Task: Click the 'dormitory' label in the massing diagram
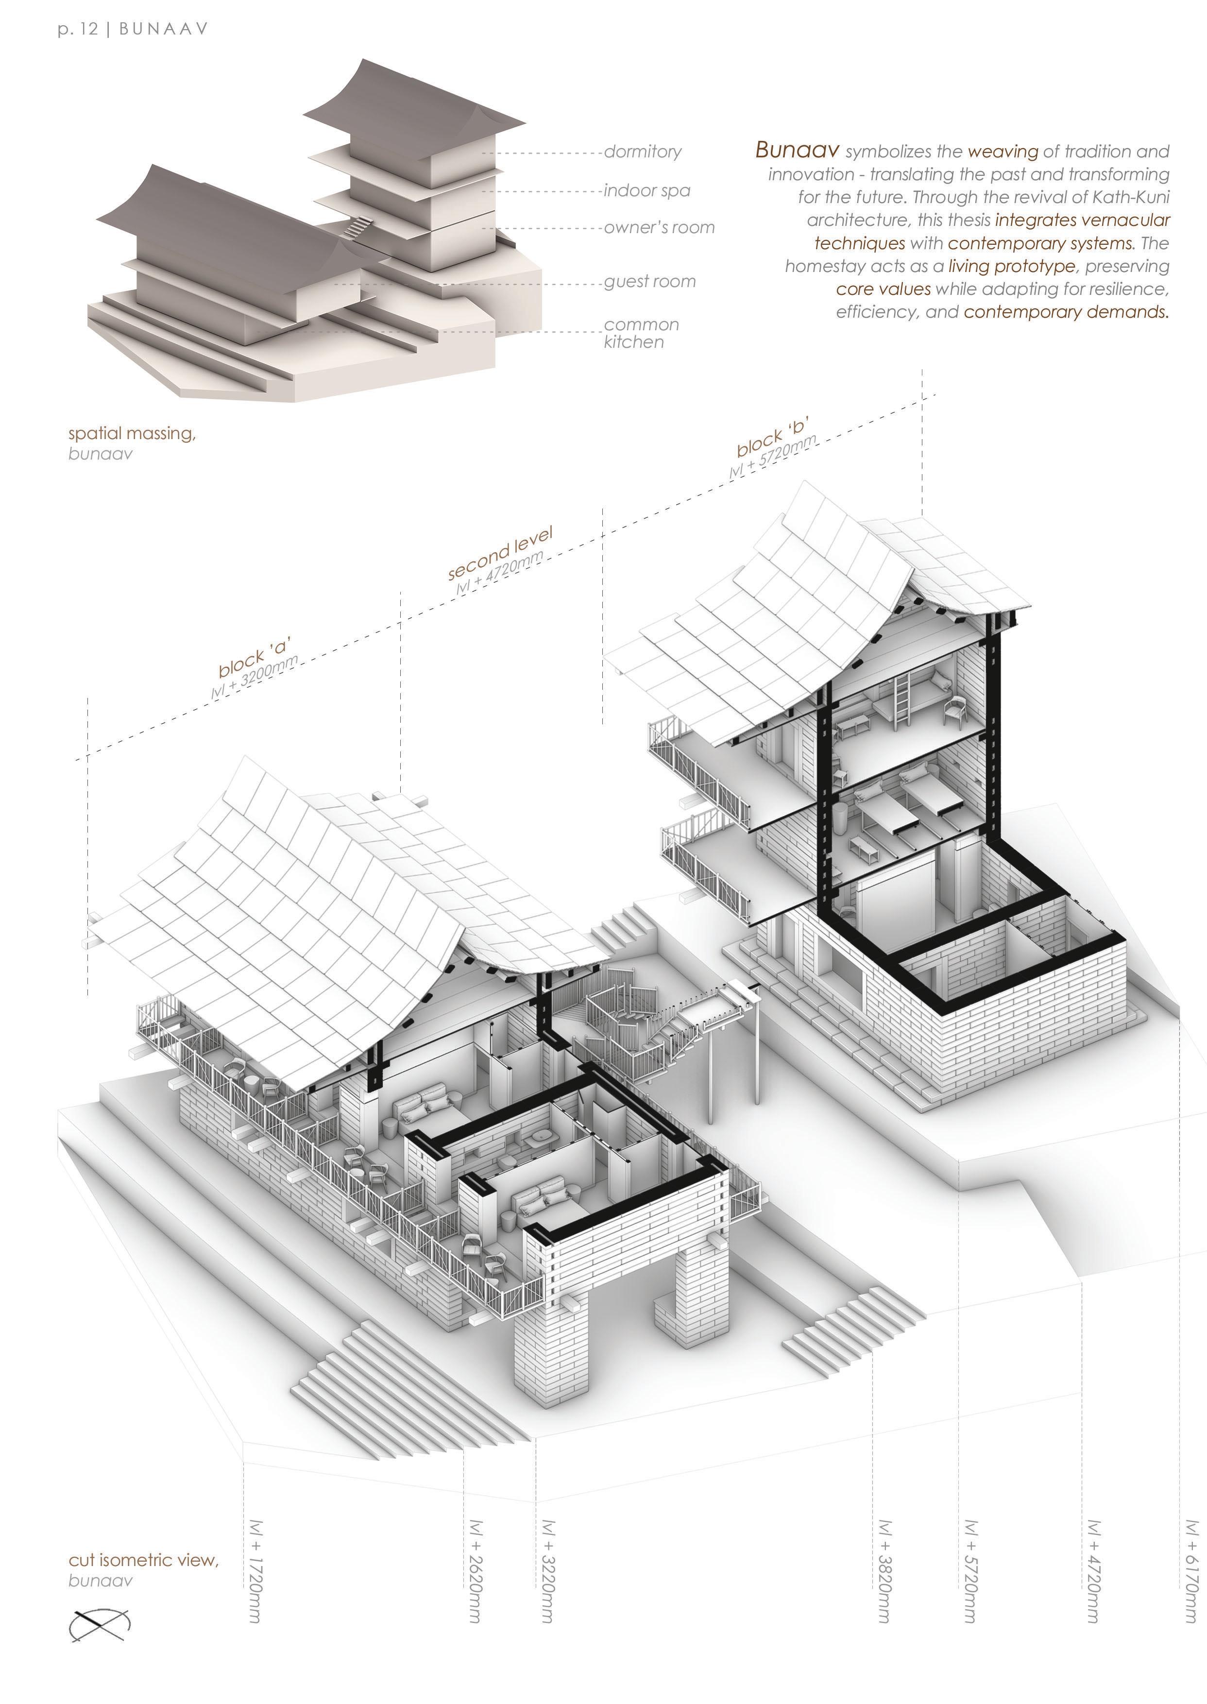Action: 642,152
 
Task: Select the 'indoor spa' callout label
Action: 646,190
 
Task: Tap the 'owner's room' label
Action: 659,227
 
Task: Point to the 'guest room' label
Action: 649,282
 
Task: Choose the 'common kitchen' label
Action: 641,333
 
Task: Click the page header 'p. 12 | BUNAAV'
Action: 132,29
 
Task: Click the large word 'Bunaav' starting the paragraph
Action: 797,150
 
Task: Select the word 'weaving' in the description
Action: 1002,152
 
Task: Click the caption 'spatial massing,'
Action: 132,433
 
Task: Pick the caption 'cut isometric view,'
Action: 143,1559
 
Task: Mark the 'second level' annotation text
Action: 500,554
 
